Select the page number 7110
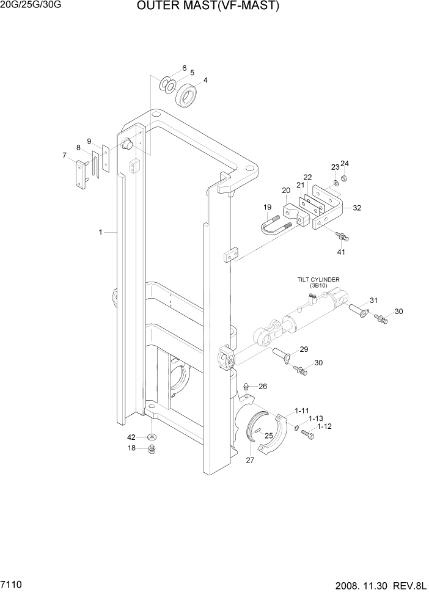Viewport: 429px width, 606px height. click(13, 585)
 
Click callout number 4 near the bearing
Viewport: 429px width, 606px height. click(205, 80)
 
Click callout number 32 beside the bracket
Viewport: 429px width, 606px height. click(357, 208)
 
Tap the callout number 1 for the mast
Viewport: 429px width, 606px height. click(100, 232)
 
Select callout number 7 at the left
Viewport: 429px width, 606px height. click(64, 155)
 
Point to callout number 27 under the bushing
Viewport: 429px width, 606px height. click(250, 461)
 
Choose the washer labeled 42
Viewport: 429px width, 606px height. click(152, 437)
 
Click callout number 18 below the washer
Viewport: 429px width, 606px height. click(131, 448)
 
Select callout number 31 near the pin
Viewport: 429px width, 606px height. click(374, 299)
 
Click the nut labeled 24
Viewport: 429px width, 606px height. click(345, 178)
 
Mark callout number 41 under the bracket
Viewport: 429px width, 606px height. click(341, 251)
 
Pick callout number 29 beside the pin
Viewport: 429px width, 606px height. click(304, 349)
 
